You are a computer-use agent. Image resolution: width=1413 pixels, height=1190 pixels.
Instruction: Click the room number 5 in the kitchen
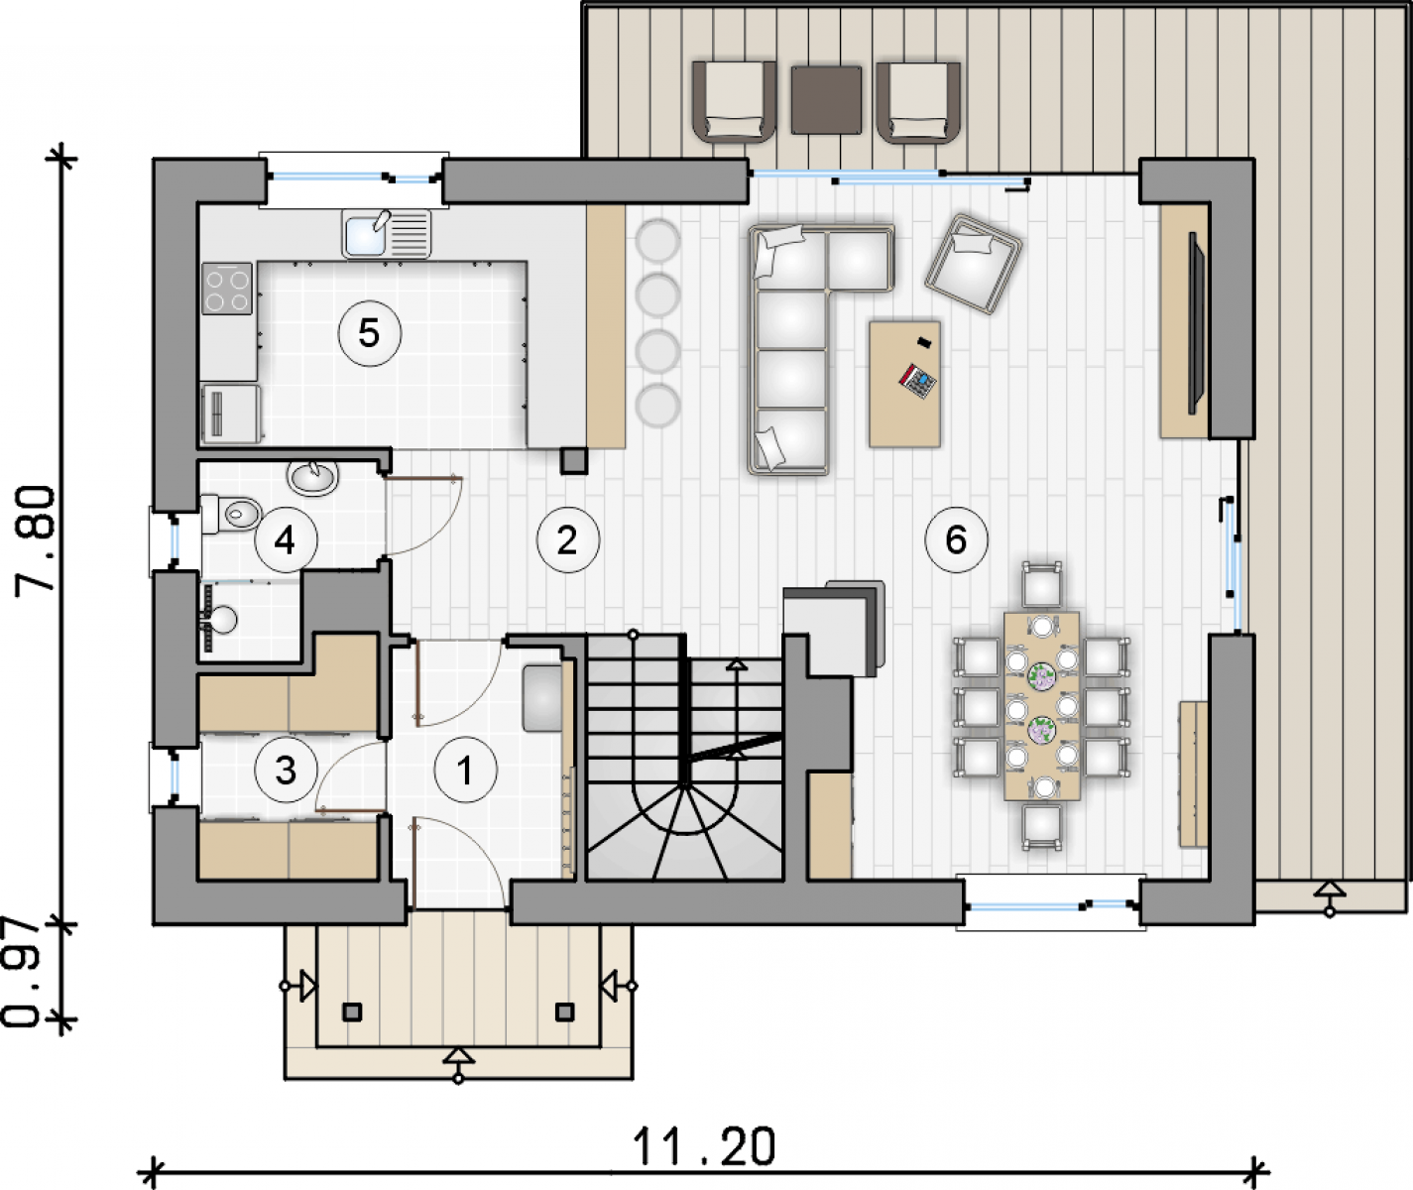(370, 334)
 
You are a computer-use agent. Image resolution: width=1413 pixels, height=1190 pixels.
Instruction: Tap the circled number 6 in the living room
(956, 540)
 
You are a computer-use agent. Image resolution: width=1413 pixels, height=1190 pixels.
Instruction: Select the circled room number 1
(466, 771)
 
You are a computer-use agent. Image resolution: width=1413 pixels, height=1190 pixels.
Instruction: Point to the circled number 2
(568, 540)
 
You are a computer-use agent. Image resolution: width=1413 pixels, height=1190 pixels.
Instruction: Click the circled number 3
(286, 771)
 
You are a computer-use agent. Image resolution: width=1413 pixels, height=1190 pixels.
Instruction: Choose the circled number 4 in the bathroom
(286, 540)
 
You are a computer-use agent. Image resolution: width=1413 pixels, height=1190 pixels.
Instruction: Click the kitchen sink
(387, 233)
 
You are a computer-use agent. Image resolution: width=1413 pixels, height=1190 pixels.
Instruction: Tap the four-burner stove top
(227, 289)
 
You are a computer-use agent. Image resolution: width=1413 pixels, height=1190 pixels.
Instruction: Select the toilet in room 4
(231, 514)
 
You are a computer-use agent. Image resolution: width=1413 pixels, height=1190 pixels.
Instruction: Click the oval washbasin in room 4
(312, 477)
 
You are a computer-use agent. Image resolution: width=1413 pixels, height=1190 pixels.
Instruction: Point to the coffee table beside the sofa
(904, 384)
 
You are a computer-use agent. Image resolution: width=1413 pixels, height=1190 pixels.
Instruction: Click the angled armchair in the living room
(973, 265)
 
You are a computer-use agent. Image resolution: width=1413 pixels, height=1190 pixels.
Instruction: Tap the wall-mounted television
(1197, 322)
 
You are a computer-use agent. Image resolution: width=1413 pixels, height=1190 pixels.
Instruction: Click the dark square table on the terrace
(826, 99)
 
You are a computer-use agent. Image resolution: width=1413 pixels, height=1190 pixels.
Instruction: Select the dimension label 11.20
(704, 1146)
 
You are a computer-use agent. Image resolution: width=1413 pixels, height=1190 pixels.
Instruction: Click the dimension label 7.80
(35, 540)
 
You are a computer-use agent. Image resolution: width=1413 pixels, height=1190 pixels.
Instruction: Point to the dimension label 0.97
(22, 974)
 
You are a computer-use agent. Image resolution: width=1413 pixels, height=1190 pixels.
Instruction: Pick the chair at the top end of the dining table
(1042, 585)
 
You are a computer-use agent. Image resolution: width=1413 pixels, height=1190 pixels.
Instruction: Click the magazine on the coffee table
(917, 381)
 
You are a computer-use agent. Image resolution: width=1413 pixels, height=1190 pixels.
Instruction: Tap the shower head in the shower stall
(223, 620)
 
